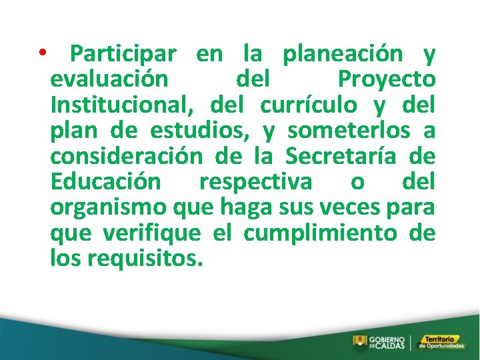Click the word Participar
(x=123, y=53)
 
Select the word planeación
(x=343, y=53)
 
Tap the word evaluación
(x=109, y=79)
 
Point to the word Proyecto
(x=387, y=79)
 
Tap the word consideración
(x=126, y=156)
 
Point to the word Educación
(x=105, y=181)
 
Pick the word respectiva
(x=255, y=181)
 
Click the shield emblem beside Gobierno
(x=359, y=343)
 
